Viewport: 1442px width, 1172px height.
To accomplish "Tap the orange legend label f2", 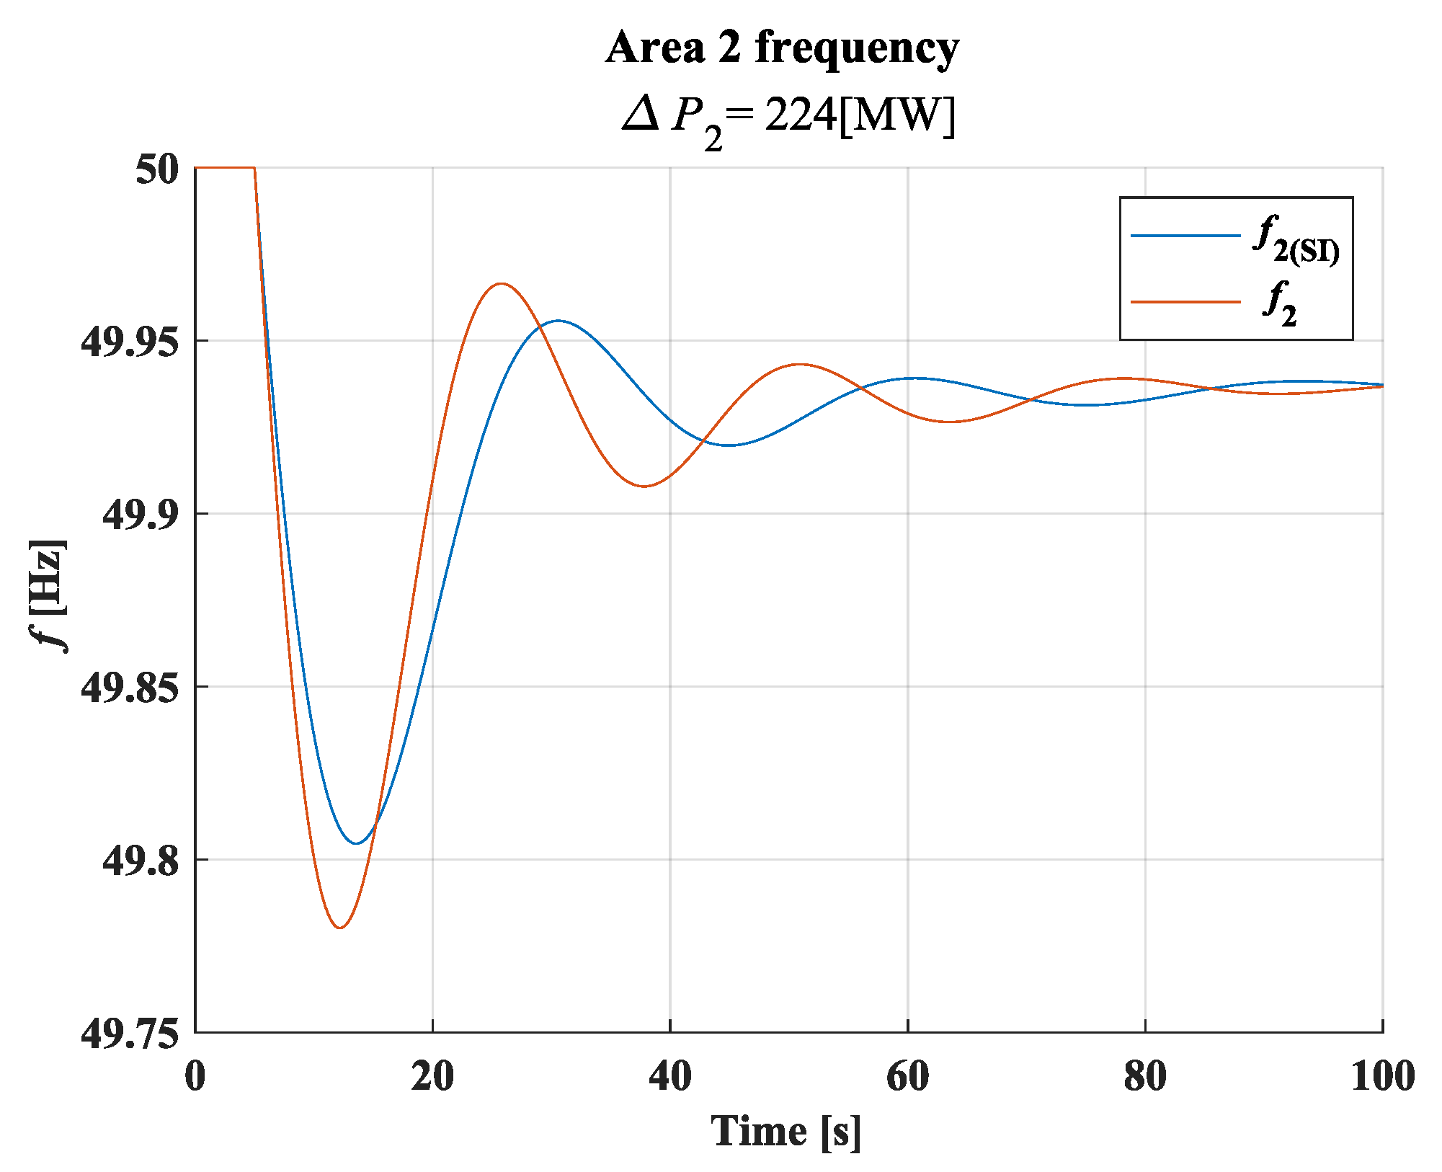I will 1280,303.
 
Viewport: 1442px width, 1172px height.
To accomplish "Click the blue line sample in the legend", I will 1185,236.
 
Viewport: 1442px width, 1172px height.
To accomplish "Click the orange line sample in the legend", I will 1185,301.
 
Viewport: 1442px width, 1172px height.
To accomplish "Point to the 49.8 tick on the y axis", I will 140,860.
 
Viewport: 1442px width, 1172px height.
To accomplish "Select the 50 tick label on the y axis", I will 156,170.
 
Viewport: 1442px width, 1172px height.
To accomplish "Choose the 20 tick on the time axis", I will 432,1076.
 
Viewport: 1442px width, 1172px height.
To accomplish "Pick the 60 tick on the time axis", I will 907,1076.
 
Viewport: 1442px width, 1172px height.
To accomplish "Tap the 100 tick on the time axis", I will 1382,1076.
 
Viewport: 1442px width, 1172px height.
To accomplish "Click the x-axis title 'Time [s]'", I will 786,1130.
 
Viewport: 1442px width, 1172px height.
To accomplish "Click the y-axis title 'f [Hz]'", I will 51,594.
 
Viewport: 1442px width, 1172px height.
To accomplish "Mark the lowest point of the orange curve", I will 339,927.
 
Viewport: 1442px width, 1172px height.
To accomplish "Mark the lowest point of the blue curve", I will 356,843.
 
